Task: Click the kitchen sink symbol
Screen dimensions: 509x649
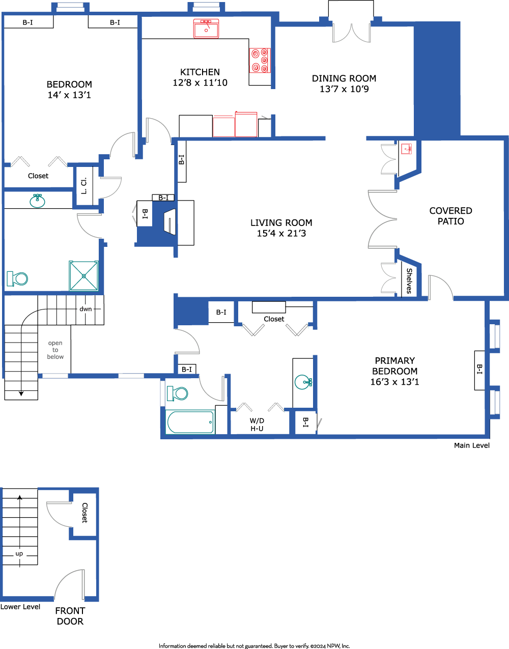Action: click(x=206, y=29)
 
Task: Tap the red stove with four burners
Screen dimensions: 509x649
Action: click(x=260, y=61)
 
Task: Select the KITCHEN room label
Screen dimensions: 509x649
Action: click(x=200, y=72)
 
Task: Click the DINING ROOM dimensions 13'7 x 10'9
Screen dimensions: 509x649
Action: click(x=344, y=89)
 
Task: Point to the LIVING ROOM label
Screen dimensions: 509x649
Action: click(x=281, y=222)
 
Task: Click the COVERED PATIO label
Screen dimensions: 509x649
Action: click(x=451, y=216)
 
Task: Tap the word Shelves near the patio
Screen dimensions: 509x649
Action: click(x=409, y=281)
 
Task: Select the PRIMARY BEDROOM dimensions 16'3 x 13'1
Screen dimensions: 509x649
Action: click(x=394, y=382)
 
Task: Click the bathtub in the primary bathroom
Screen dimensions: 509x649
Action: click(x=190, y=422)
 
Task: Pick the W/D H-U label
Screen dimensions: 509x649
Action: click(x=257, y=425)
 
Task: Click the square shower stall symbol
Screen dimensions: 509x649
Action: click(x=83, y=276)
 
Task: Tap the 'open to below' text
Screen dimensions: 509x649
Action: click(x=55, y=350)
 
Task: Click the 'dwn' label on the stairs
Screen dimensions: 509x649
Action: click(x=86, y=309)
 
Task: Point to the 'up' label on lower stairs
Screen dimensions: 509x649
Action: click(x=19, y=554)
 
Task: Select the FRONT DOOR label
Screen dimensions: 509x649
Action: click(x=70, y=616)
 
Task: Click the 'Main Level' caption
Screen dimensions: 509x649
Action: click(x=472, y=445)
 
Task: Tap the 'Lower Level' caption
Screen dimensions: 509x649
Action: click(x=20, y=607)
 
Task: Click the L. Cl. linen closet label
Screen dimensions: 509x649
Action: click(x=84, y=186)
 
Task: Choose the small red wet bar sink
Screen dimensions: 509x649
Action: click(x=406, y=149)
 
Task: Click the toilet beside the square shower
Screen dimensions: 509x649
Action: click(x=17, y=278)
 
